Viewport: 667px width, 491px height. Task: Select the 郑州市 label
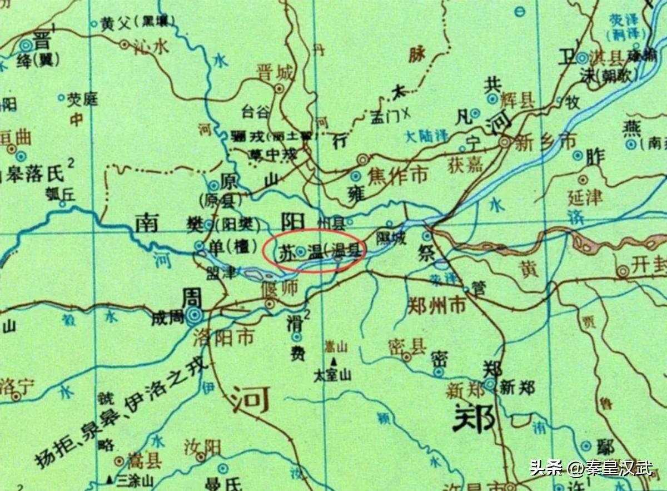point(436,305)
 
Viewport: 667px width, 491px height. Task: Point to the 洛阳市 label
point(223,337)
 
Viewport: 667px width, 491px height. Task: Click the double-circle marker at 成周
point(195,316)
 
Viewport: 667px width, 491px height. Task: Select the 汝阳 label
point(202,448)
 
